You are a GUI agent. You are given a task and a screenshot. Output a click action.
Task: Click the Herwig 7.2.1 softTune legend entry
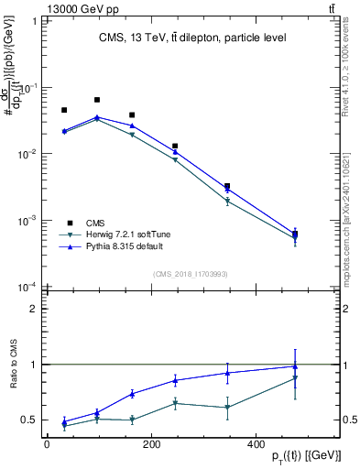point(116,235)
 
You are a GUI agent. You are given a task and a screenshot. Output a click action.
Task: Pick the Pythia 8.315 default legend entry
point(114,248)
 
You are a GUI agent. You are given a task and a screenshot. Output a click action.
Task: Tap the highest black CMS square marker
point(97,100)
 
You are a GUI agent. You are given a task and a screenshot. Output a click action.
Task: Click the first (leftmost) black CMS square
point(64,110)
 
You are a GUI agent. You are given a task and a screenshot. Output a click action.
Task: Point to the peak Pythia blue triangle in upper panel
point(97,117)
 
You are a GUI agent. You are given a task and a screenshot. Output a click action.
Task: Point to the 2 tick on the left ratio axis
point(36,309)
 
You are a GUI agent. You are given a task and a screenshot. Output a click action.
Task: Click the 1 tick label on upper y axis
point(36,21)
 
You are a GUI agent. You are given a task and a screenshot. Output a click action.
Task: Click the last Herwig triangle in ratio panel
point(295,378)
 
